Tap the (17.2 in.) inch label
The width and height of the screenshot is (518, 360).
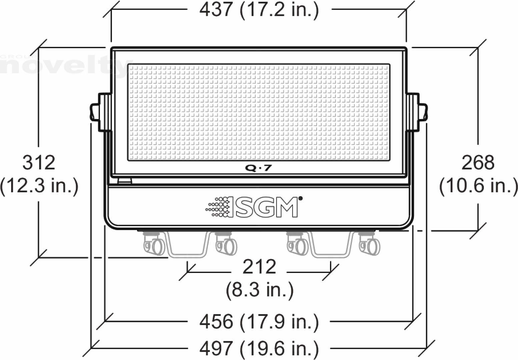pyautogui.click(x=279, y=10)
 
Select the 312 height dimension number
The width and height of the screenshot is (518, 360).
pyautogui.click(x=39, y=163)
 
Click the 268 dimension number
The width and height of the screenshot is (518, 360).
pyautogui.click(x=478, y=163)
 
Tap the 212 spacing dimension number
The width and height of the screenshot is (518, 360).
pyautogui.click(x=259, y=267)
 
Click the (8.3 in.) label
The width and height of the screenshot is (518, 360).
pyautogui.click(x=260, y=290)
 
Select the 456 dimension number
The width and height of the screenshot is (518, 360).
pyautogui.click(x=216, y=322)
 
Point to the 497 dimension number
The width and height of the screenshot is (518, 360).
pyautogui.click(x=216, y=349)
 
